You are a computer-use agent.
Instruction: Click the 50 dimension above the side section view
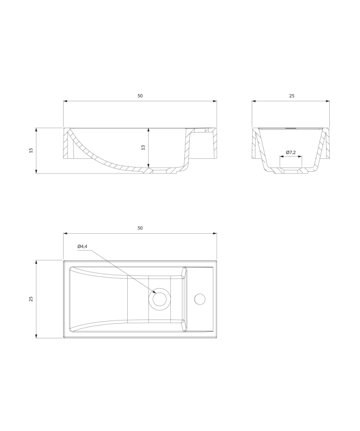click(x=140, y=96)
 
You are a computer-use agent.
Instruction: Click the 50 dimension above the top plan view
click(x=140, y=228)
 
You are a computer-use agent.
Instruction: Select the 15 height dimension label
click(x=31, y=150)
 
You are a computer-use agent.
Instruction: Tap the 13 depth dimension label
click(x=143, y=147)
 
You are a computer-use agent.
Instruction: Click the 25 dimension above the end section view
click(x=292, y=96)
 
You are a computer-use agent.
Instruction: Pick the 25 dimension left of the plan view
click(x=31, y=299)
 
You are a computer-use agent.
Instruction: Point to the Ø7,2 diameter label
click(x=290, y=152)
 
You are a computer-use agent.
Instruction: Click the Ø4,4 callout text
click(x=82, y=247)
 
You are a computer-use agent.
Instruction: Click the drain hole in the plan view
click(x=159, y=299)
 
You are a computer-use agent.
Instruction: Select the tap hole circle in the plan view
click(x=199, y=299)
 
